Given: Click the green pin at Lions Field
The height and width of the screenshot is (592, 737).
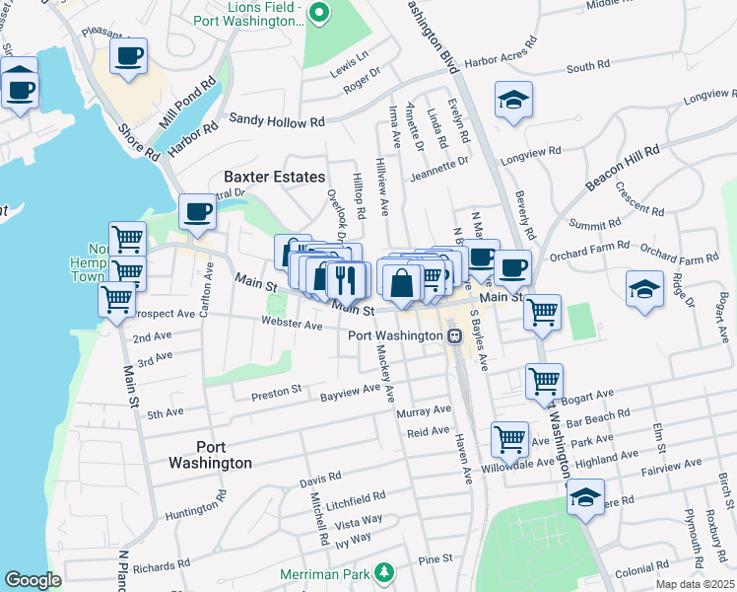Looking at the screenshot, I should click(x=318, y=13).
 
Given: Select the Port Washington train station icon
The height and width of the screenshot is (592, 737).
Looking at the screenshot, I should click(x=454, y=335).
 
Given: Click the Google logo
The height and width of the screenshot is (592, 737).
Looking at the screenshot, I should click(x=33, y=580).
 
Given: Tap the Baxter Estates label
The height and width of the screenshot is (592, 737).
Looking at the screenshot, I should click(x=274, y=177).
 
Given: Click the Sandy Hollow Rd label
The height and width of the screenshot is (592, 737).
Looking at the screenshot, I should click(x=277, y=120).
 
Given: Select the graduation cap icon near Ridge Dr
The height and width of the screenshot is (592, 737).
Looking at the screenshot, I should click(x=644, y=288).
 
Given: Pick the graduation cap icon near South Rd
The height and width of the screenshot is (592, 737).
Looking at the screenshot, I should click(x=512, y=100).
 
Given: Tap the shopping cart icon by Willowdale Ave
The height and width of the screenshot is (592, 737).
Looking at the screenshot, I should click(x=509, y=439).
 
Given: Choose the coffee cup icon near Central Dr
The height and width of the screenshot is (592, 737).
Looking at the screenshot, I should click(x=197, y=210).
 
